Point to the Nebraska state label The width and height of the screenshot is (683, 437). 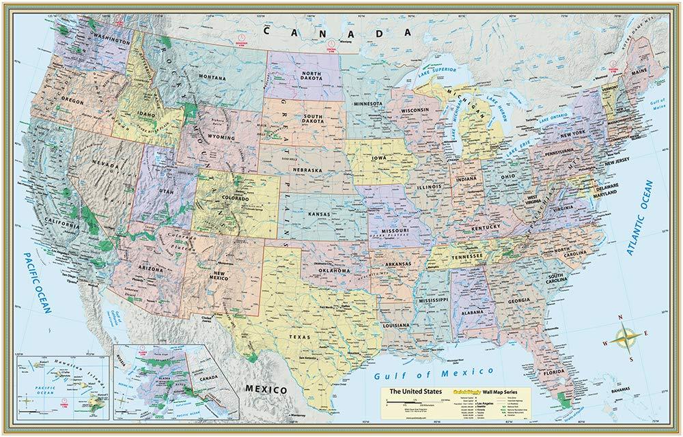pos(307,169)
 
